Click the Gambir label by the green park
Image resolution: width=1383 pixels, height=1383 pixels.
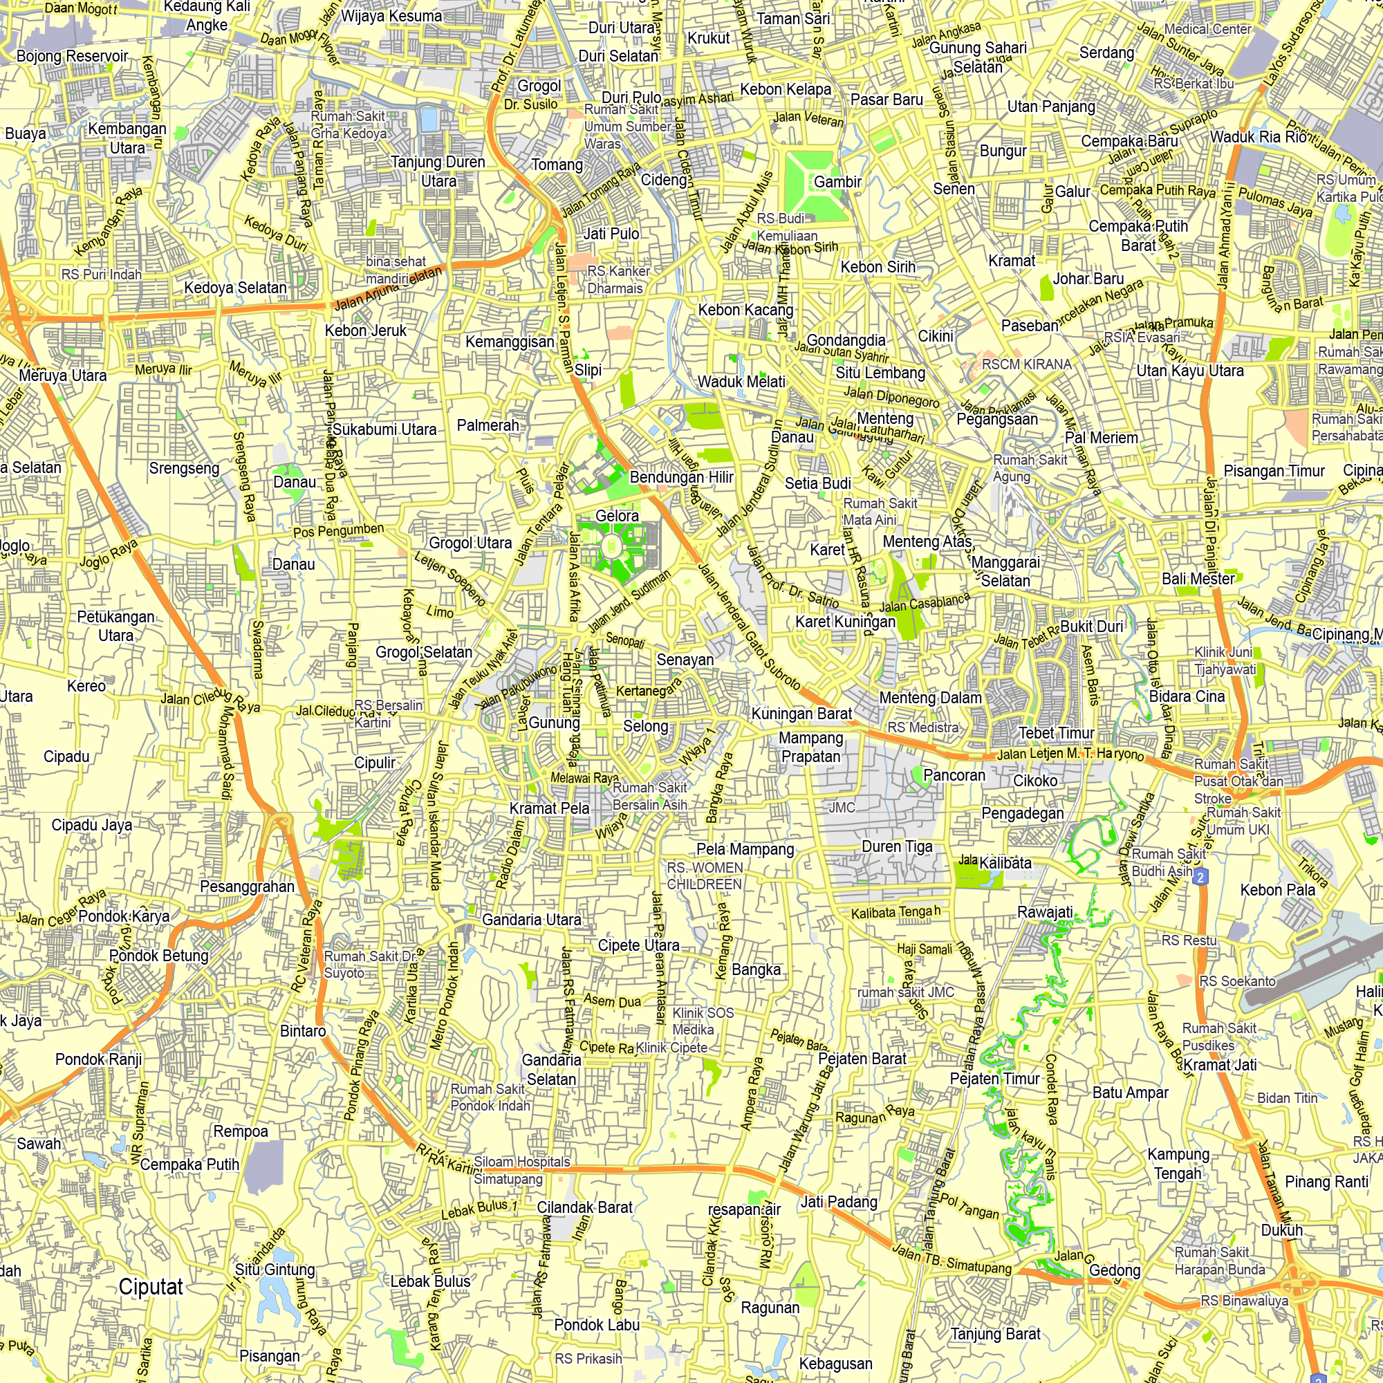pos(837,182)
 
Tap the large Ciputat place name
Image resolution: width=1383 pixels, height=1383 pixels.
pos(151,1286)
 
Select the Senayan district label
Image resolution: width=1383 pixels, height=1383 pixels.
pos(685,659)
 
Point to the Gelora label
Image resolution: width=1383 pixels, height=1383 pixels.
pos(616,515)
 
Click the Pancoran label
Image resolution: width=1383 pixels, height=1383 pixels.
pos(954,774)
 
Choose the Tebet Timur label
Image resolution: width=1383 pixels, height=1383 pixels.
pos(1057,732)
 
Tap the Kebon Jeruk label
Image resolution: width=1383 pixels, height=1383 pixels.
pos(366,331)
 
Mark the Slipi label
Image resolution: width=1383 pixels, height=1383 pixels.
pos(588,369)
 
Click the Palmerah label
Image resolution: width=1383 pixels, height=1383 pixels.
pos(488,425)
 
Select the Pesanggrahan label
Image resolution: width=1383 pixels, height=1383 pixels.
pos(247,887)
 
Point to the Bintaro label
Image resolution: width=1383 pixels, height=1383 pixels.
pos(303,1031)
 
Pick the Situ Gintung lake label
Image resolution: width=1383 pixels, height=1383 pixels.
pos(275,1269)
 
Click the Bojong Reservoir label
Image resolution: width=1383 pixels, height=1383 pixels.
pos(73,56)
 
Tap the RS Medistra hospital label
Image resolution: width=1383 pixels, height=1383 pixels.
pos(922,727)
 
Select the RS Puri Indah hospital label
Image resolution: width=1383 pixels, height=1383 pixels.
pos(102,274)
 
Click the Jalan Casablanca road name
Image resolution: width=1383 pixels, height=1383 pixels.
pos(924,603)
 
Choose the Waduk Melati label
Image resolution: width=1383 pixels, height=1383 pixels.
pos(741,382)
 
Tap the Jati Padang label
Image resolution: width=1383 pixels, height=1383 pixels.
pos(839,1201)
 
